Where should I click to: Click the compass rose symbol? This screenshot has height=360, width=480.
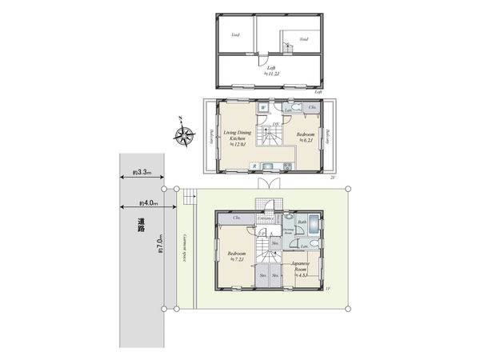tap(185, 135)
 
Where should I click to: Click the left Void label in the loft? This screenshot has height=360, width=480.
tap(235, 35)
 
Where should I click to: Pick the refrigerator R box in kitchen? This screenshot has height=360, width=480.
tap(254, 166)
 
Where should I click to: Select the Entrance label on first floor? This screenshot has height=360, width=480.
tap(266, 218)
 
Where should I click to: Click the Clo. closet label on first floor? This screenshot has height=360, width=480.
tap(237, 218)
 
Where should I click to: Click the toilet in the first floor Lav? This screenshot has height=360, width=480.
tap(314, 242)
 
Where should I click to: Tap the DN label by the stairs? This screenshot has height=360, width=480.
tap(275, 124)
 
